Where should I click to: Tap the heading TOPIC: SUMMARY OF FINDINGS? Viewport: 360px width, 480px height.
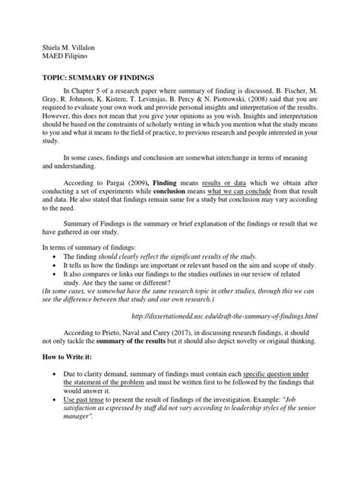point(95,77)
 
